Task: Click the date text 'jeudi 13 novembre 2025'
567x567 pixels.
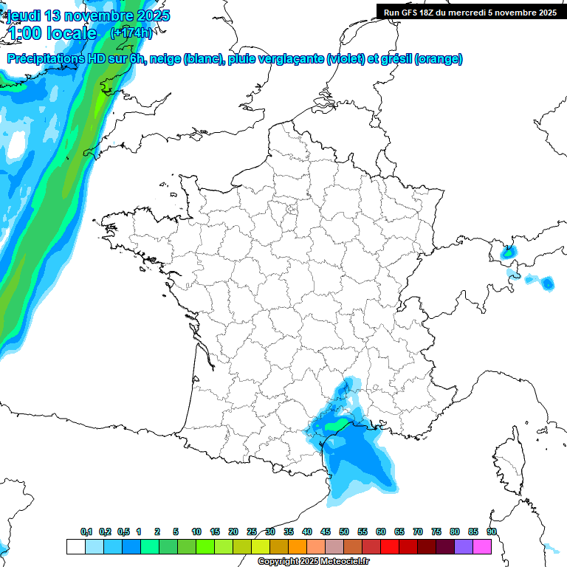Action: tap(88, 16)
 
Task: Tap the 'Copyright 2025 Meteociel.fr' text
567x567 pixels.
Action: tap(314, 562)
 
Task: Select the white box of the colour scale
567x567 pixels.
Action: tap(75, 547)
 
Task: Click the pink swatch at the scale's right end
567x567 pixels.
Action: tap(482, 547)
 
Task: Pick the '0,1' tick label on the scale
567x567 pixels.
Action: tap(86, 532)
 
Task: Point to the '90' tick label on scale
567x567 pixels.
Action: tap(492, 532)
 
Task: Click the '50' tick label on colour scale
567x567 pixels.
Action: tap(344, 532)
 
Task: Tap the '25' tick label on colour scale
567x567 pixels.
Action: tap(252, 532)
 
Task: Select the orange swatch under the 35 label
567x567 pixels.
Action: tap(298, 547)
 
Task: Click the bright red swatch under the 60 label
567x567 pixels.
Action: tap(390, 547)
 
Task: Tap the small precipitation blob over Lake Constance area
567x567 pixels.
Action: tap(508, 252)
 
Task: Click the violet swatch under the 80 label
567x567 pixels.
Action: tap(464, 547)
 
